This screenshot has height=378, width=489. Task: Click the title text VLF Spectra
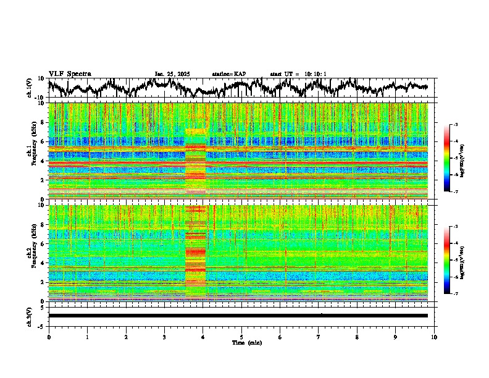70,73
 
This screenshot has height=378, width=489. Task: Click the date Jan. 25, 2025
172,74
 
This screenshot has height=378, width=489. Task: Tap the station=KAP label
228,74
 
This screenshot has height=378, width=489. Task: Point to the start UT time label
298,74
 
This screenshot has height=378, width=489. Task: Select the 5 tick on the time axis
242,337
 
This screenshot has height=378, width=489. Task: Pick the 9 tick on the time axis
396,337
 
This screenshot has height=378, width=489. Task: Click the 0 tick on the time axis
49,337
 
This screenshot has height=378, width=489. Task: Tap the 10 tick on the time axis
435,337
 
